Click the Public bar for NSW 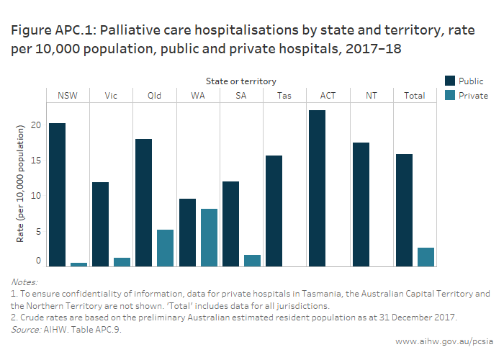[58, 195]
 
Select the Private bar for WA [209, 238]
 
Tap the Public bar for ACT [316, 189]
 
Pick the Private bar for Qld [166, 248]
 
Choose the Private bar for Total [425, 257]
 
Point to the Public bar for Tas [274, 211]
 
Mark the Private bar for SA [252, 261]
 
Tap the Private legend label [474, 96]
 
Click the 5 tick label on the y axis [39, 232]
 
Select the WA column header [197, 96]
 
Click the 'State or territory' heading [240, 81]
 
